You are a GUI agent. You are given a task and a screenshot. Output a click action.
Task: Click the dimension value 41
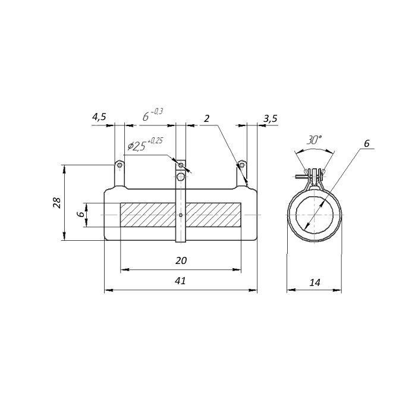click(181, 281)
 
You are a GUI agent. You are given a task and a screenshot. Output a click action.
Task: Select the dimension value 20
click(181, 260)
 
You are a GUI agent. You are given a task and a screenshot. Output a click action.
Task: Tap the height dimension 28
click(58, 203)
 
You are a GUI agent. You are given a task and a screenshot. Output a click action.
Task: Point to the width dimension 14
click(315, 282)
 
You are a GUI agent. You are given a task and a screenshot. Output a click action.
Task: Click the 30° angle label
click(314, 140)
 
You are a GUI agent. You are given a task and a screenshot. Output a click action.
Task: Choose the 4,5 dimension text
click(99, 117)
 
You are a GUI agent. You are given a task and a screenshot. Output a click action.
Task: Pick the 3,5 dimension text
click(271, 118)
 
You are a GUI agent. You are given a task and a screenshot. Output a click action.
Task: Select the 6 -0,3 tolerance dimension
click(153, 115)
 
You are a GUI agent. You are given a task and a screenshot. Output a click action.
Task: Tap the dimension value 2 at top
click(207, 118)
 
